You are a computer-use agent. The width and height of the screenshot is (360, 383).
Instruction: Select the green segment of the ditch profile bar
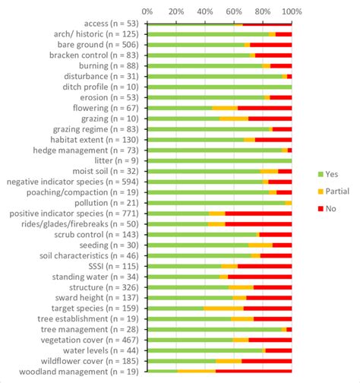point(219,87)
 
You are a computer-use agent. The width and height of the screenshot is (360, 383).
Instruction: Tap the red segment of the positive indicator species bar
point(258,214)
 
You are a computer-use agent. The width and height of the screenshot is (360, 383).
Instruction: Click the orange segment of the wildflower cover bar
point(229,361)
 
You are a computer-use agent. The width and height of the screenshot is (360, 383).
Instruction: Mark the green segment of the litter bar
point(219,161)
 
